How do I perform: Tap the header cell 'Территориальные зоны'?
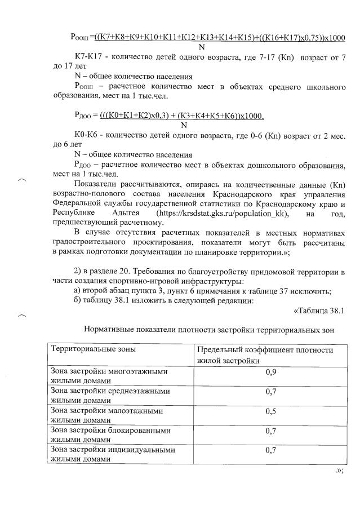(94, 349)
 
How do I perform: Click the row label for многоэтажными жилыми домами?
(110, 376)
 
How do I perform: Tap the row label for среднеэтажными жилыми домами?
(110, 396)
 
